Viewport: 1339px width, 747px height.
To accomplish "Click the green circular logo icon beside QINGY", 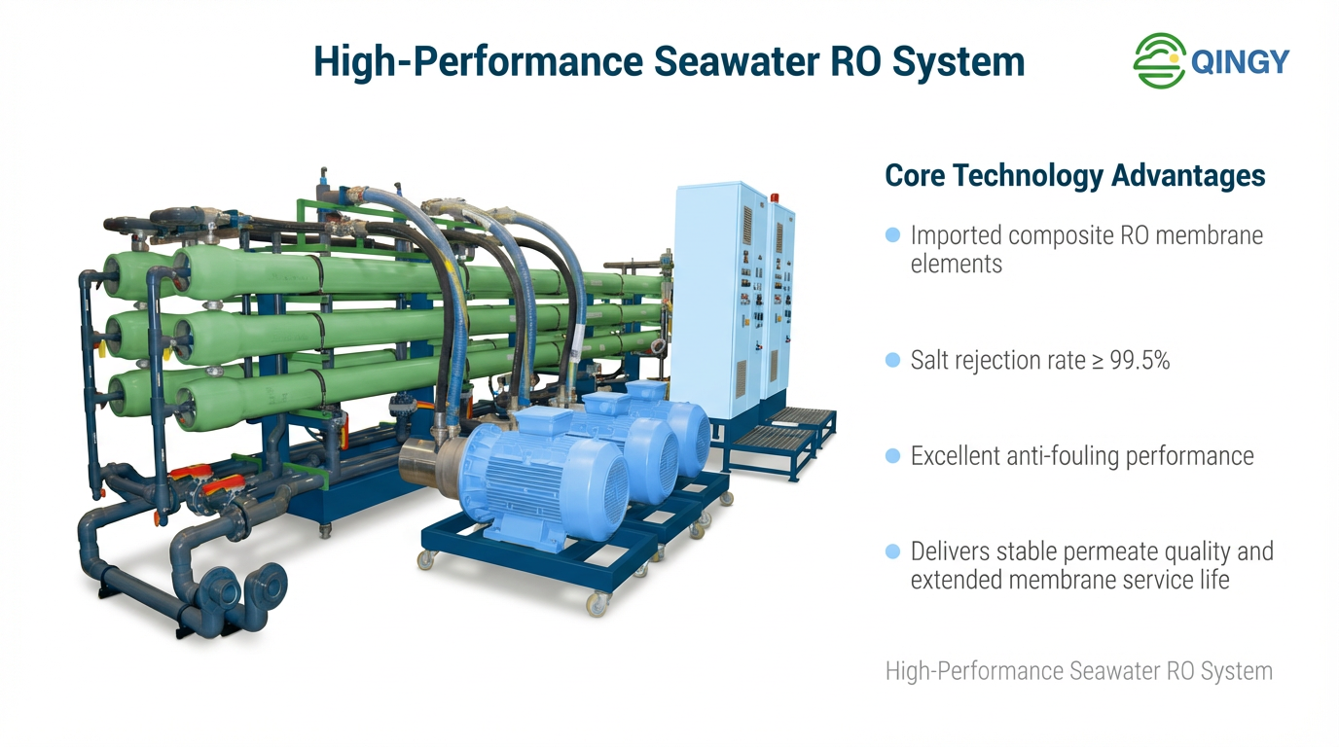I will [1159, 61].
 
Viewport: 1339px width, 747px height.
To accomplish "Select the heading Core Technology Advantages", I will [1074, 176].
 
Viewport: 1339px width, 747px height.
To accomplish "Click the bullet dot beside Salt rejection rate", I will [892, 361].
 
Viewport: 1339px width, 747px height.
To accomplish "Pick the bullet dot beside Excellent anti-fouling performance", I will [892, 456].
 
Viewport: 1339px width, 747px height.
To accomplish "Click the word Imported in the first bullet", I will [957, 235].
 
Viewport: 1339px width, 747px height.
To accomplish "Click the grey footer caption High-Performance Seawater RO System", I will [1078, 671].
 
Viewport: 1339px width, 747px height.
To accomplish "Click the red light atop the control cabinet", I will [776, 197].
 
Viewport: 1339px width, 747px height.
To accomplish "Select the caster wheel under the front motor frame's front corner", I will [596, 604].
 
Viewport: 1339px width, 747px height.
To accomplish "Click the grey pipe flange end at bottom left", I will [225, 592].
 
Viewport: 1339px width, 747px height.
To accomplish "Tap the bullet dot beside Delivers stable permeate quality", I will [892, 551].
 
